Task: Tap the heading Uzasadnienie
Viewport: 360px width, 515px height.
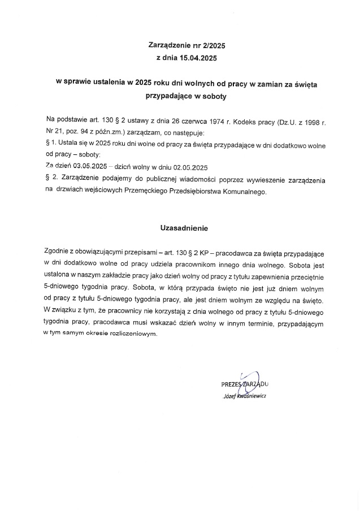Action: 185,229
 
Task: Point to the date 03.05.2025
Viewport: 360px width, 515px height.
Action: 90,167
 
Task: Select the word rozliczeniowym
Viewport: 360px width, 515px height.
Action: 133,334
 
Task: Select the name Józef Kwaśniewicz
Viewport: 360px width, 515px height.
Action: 245,395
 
